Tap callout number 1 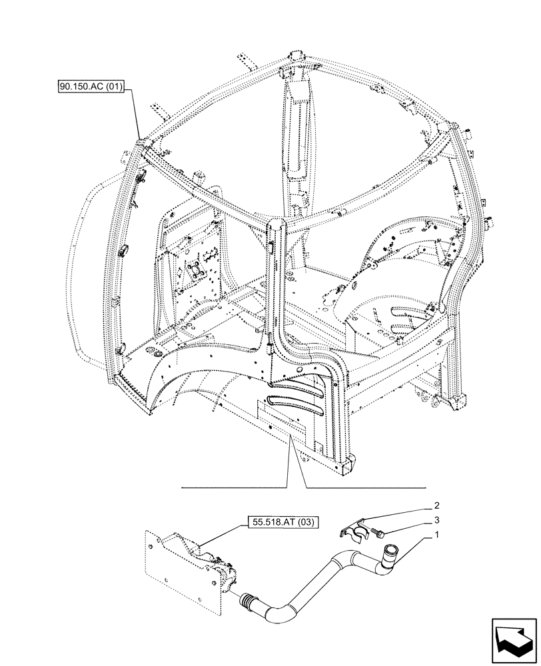pyautogui.click(x=436, y=535)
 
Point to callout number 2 pyautogui.click(x=436, y=505)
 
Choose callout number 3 pyautogui.click(x=436, y=520)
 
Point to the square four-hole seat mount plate pyautogui.click(x=195, y=270)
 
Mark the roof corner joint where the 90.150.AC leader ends pyautogui.click(x=141, y=144)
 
